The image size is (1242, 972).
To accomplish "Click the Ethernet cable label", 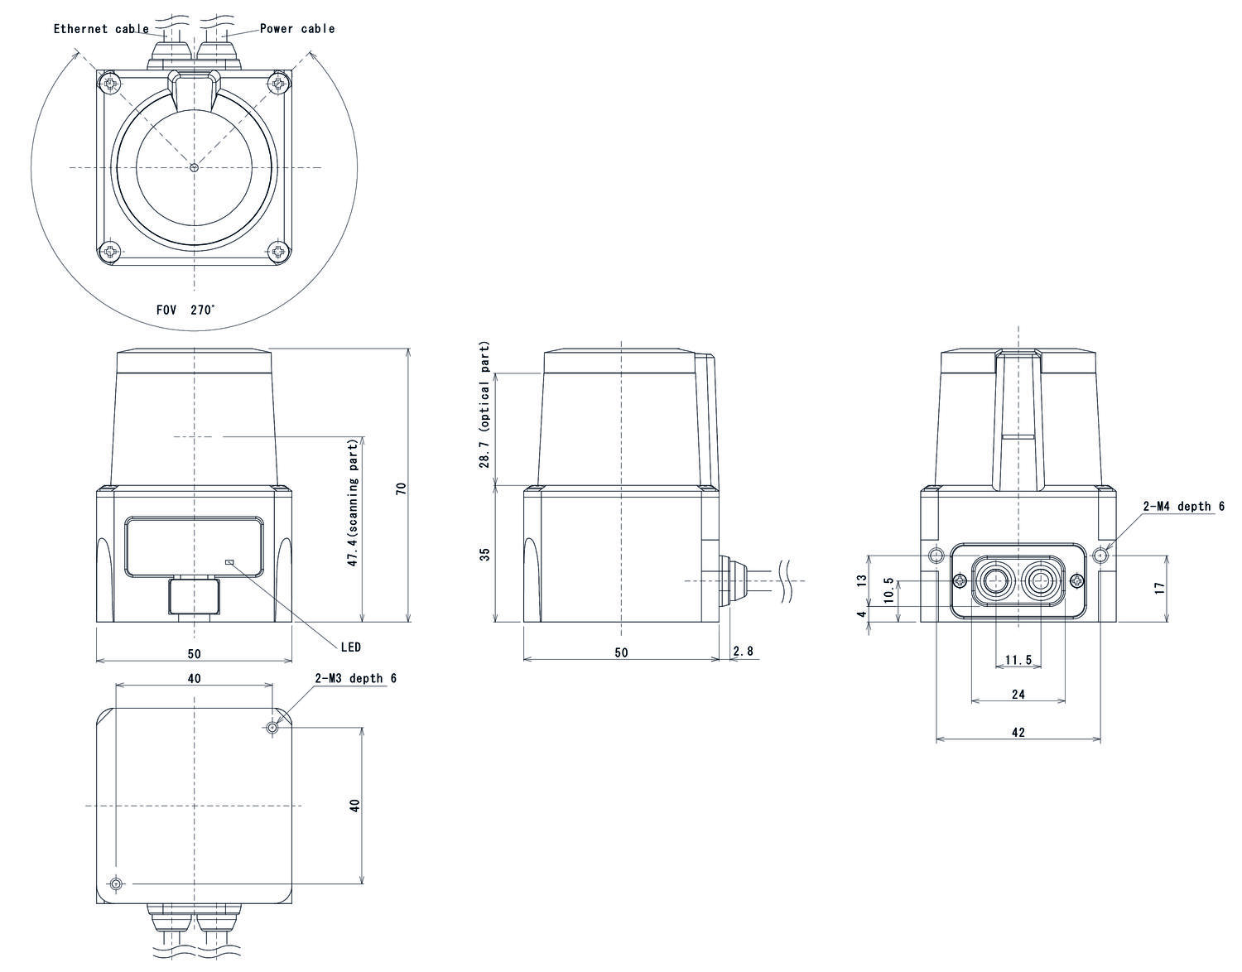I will (x=101, y=29).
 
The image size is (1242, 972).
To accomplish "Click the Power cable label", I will (x=297, y=28).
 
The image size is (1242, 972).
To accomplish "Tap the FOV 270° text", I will (x=185, y=310).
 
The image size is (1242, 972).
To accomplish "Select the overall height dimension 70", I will (x=402, y=488).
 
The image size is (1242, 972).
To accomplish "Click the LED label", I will (x=350, y=647).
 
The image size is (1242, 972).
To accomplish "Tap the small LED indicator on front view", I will (x=230, y=562).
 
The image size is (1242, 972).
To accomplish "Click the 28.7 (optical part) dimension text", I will (x=485, y=404).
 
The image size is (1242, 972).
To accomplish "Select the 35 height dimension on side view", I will (x=485, y=553).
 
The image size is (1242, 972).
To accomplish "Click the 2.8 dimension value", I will (x=744, y=652).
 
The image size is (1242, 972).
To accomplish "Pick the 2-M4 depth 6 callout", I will (x=1183, y=507).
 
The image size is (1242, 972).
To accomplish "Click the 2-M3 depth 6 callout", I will (x=355, y=678).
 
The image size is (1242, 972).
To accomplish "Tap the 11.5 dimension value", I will (x=1018, y=660).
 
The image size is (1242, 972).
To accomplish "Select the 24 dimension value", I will (x=1018, y=695).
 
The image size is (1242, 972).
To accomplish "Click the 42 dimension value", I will (x=1018, y=733).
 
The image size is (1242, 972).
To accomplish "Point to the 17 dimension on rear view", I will (x=1160, y=587).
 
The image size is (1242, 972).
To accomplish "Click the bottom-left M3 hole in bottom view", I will (x=115, y=884).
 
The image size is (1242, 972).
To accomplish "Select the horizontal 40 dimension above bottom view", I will (x=194, y=678).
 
